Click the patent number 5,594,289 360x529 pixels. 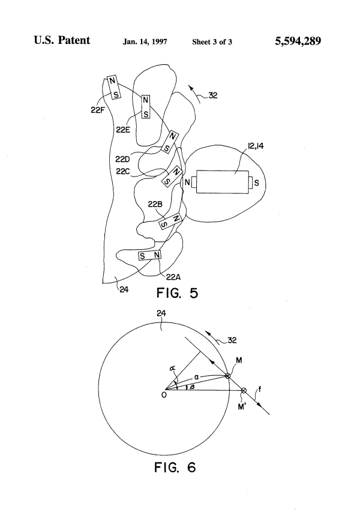(x=298, y=41)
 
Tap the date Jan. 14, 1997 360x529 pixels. (x=145, y=42)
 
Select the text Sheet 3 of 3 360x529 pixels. (x=212, y=42)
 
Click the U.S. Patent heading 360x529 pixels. (x=62, y=40)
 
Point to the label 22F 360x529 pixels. (x=97, y=110)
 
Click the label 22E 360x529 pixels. (x=123, y=130)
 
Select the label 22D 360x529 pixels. (x=122, y=159)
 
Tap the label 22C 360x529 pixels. (x=123, y=171)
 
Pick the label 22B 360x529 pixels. (x=155, y=204)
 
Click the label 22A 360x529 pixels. (x=173, y=277)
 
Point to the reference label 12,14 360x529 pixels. (x=256, y=146)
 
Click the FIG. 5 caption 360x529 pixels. (x=178, y=293)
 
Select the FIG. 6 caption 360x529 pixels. (x=175, y=467)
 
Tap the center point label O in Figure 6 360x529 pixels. (x=164, y=394)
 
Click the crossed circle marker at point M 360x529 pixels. (x=227, y=375)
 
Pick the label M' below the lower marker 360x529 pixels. (x=242, y=407)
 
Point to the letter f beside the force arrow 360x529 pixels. (x=260, y=390)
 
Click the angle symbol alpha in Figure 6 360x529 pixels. (x=173, y=368)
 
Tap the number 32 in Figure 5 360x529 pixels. (x=212, y=95)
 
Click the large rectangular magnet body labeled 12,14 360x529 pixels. (x=223, y=182)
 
